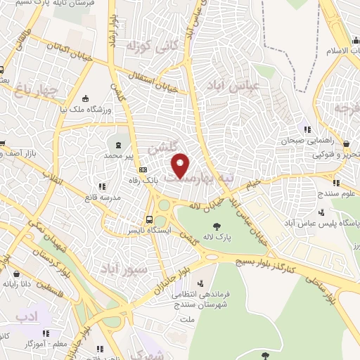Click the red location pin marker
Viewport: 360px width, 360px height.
point(181,166)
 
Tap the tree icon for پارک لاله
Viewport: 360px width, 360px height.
point(217,226)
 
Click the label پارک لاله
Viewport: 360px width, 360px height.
point(217,238)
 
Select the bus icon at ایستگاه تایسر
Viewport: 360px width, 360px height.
point(150,218)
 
